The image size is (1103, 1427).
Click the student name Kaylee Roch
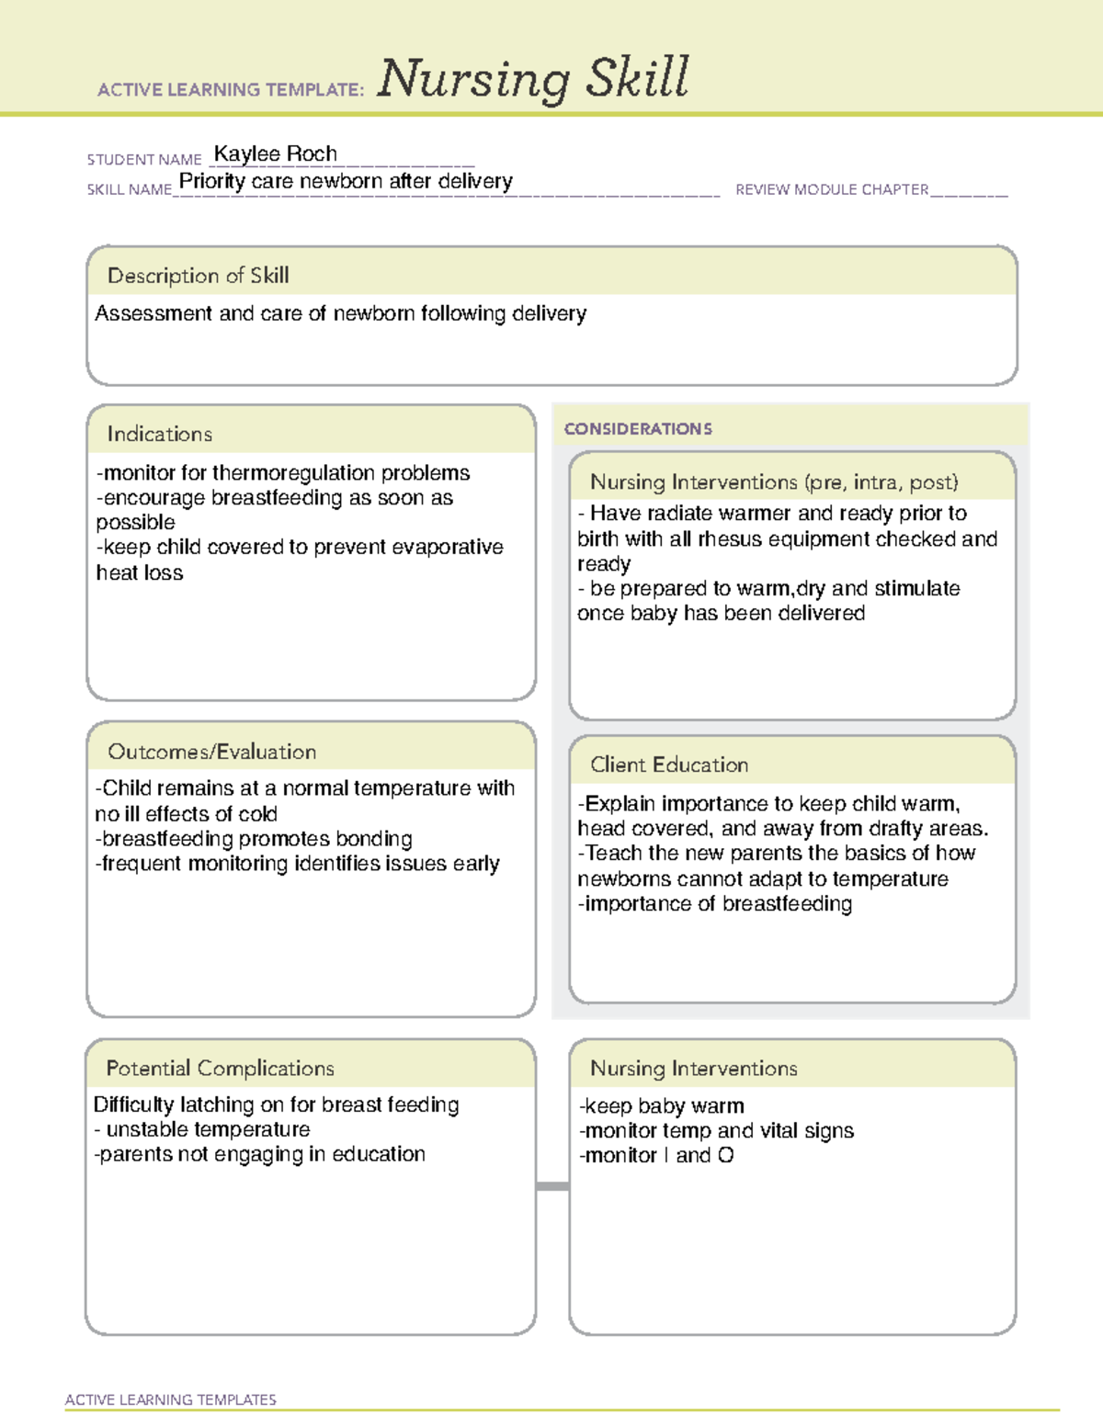tap(275, 153)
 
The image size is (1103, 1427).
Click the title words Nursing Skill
tap(532, 78)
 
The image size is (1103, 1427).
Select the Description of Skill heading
tap(198, 276)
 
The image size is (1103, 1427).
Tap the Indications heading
tap(159, 434)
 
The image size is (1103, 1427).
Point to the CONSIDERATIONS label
tap(638, 429)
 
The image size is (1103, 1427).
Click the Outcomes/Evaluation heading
tap(211, 752)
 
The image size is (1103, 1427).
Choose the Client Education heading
tap(668, 764)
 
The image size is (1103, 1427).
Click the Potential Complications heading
tap(220, 1068)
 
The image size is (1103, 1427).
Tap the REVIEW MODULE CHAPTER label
tap(832, 189)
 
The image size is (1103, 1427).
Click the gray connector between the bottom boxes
tap(552, 1186)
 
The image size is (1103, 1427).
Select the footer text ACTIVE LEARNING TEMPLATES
tap(171, 1399)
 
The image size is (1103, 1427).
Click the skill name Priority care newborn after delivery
tap(346, 181)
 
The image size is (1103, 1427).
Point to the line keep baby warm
tap(662, 1105)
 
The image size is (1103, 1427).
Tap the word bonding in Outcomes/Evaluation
tap(373, 839)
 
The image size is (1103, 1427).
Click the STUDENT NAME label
tap(144, 159)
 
